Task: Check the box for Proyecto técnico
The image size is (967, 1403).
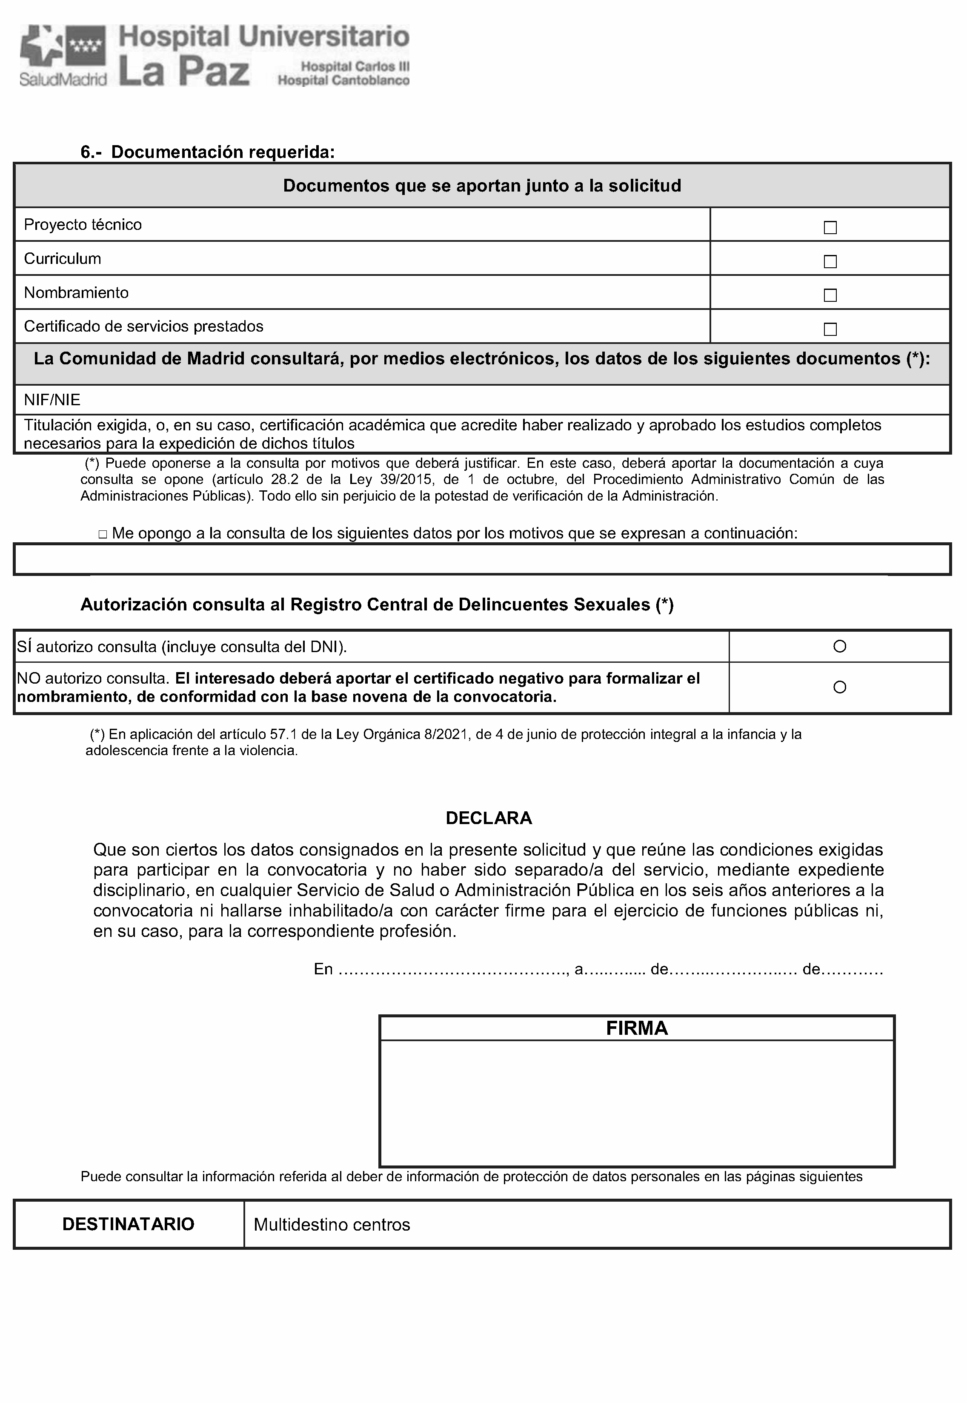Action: pyautogui.click(x=830, y=228)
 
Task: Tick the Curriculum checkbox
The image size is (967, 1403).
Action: pyautogui.click(x=830, y=262)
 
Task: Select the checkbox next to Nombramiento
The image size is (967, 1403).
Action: pyautogui.click(x=830, y=295)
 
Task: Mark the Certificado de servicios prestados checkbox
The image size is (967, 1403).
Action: pyautogui.click(x=830, y=329)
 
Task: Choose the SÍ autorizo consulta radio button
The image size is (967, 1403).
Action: pyautogui.click(x=840, y=646)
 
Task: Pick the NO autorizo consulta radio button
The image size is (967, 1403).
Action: pyautogui.click(x=840, y=687)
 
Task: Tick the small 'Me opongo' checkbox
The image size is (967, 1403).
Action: pyautogui.click(x=103, y=534)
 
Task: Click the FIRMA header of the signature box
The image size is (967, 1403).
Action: pyautogui.click(x=637, y=1028)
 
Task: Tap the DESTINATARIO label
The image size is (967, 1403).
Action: pyautogui.click(x=129, y=1224)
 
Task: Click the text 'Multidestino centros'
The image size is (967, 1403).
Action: pyautogui.click(x=332, y=1225)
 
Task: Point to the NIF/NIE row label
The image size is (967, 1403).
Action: pyautogui.click(x=52, y=400)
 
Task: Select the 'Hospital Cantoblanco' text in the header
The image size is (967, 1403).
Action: pyautogui.click(x=343, y=80)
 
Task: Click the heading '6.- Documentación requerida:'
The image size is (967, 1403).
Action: pyautogui.click(x=208, y=152)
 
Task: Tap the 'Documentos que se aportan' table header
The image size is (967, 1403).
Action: pyautogui.click(x=482, y=185)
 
